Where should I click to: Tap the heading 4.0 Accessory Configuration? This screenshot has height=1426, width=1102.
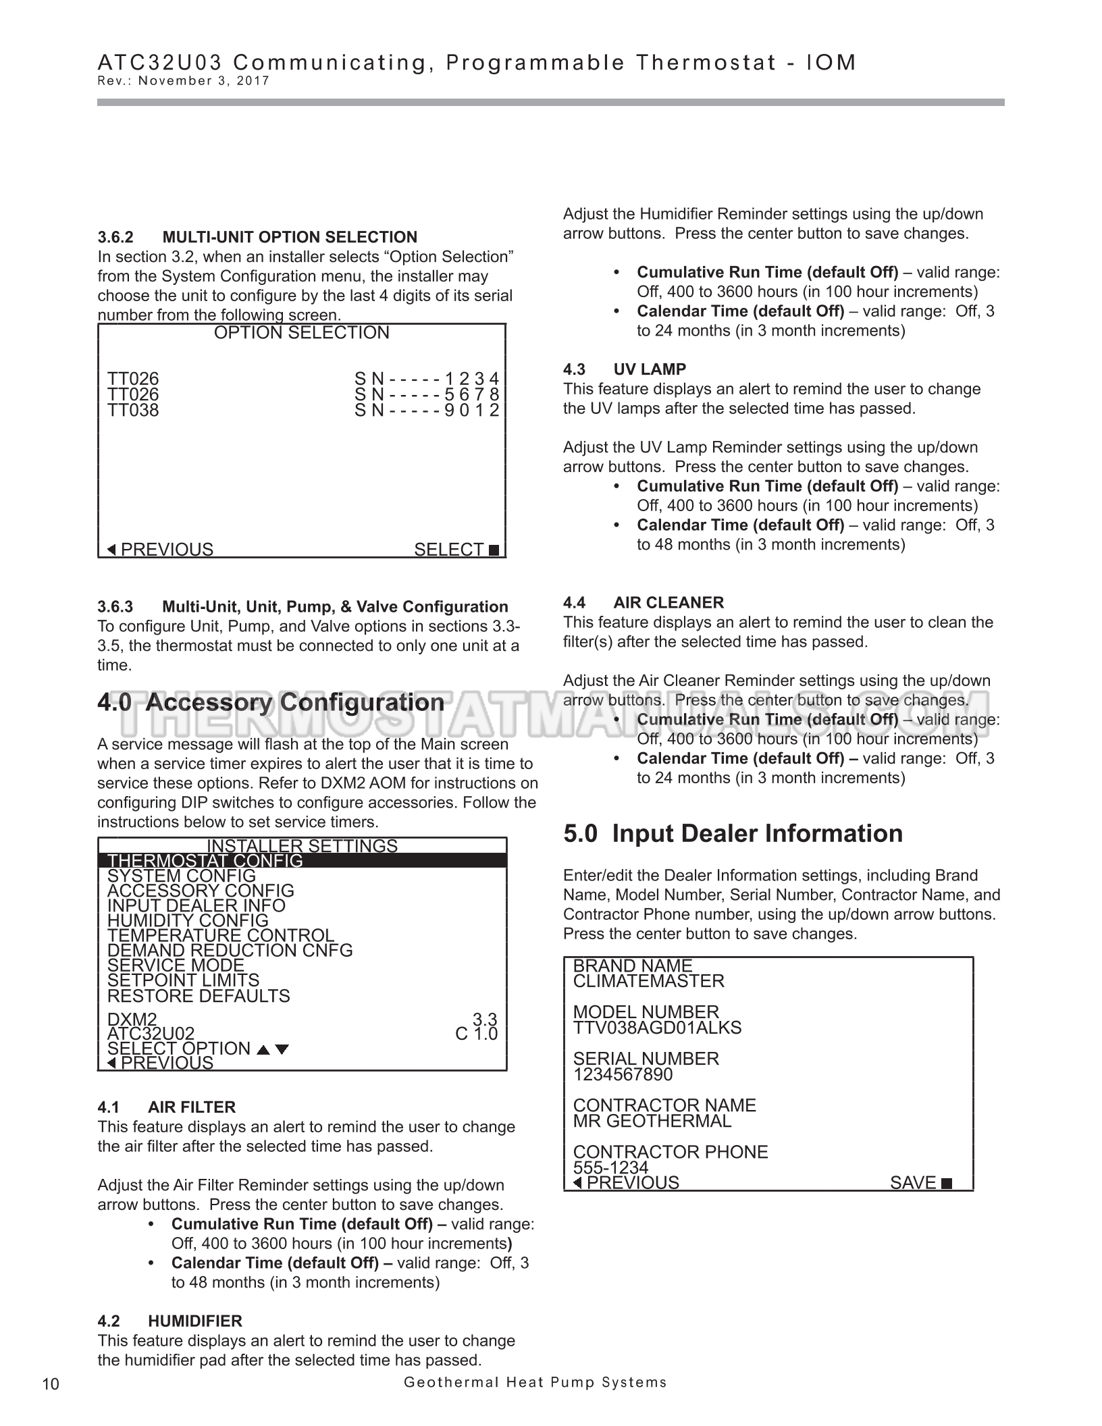[271, 702]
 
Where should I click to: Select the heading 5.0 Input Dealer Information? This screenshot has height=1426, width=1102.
[733, 833]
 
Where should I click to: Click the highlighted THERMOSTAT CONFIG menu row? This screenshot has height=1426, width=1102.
[302, 861]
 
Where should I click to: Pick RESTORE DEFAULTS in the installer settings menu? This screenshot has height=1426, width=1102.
[199, 996]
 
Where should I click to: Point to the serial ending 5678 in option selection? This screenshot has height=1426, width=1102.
[427, 394]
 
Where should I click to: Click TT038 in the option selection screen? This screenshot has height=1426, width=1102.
[133, 411]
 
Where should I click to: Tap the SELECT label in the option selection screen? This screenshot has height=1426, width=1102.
[449, 550]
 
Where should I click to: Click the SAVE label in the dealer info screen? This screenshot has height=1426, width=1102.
[913, 1183]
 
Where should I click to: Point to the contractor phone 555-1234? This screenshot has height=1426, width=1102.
[610, 1167]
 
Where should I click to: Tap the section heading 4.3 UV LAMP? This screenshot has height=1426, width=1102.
[625, 369]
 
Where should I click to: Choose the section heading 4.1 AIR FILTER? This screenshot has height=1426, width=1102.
[166, 1107]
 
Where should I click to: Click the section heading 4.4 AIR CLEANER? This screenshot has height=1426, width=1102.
[644, 602]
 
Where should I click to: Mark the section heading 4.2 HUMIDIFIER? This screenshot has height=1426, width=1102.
[169, 1321]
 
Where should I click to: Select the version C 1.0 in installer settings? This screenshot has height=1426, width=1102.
[476, 1034]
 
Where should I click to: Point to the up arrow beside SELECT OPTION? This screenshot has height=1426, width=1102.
[264, 1049]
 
